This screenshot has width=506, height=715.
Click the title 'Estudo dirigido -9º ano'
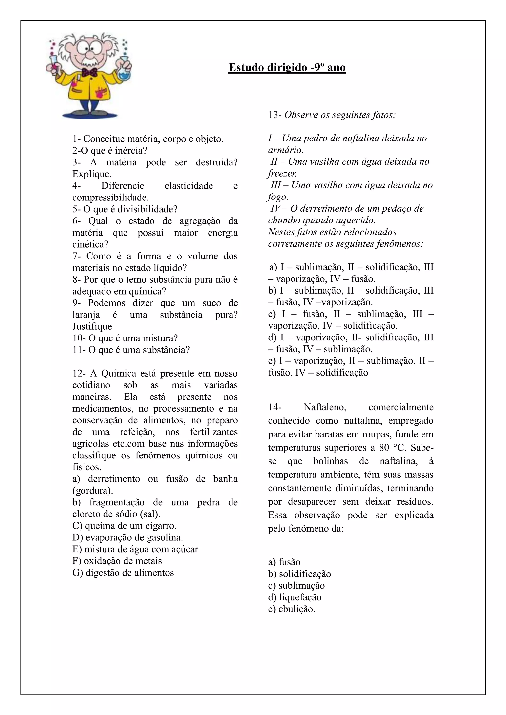287,68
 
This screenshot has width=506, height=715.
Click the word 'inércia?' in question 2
131,151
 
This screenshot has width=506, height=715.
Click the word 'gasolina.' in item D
165,537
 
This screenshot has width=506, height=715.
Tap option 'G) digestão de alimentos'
123,573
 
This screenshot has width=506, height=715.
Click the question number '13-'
275,115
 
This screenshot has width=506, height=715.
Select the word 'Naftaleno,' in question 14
325,407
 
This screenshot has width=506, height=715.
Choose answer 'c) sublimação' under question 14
296,586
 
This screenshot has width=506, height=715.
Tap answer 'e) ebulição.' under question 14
292,609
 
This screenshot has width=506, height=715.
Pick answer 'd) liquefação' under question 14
295,597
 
